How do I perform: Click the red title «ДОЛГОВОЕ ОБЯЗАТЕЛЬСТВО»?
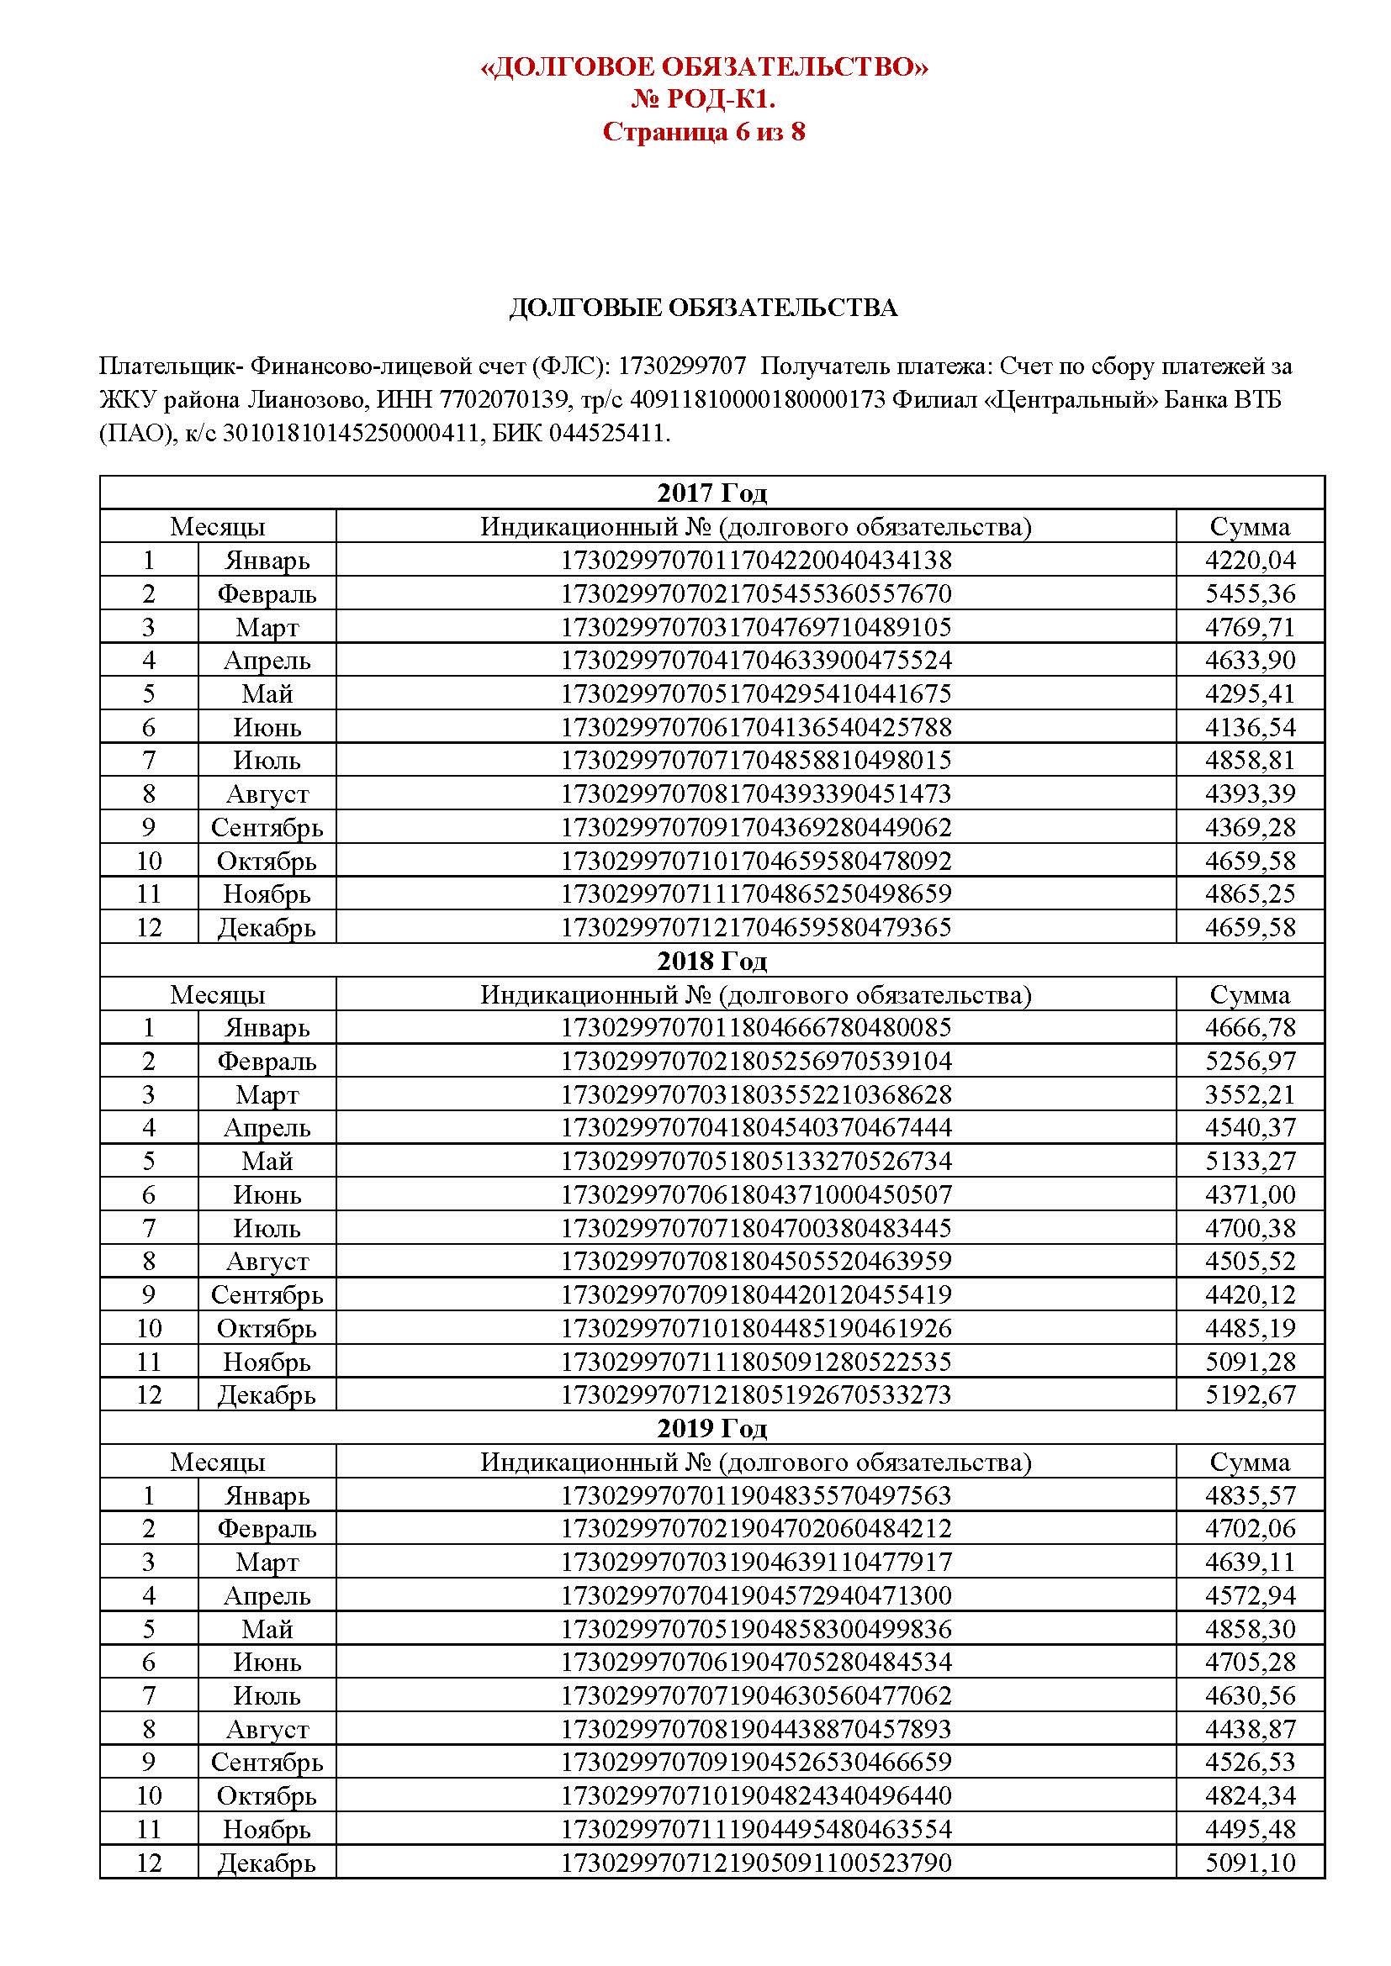[704, 66]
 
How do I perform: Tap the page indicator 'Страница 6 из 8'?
[704, 132]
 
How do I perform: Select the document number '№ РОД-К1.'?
[704, 99]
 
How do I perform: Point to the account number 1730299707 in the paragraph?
[682, 366]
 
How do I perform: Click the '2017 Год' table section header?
[711, 493]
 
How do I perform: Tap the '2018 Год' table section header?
[711, 962]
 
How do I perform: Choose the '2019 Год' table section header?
[711, 1429]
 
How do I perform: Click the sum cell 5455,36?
[1250, 593]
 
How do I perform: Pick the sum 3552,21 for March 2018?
[1250, 1095]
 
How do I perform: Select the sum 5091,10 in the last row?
[1250, 1863]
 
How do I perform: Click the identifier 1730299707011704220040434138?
[755, 560]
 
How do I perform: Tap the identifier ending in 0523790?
[755, 1863]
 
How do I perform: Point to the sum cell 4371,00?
[1250, 1195]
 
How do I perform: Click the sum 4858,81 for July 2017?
[1250, 761]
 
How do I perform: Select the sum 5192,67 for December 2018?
[1250, 1396]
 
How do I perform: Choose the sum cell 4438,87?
[1250, 1730]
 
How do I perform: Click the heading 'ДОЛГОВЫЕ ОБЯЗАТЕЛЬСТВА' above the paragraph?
[703, 308]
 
